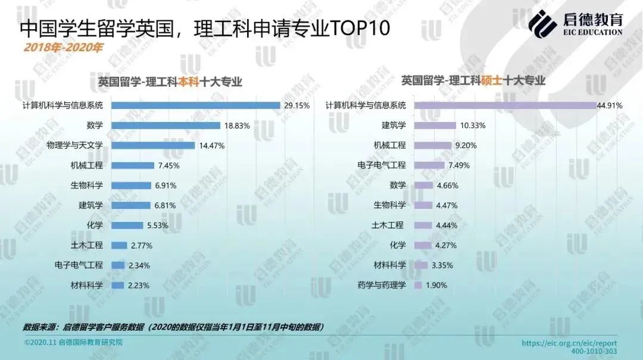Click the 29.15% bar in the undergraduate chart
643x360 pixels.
point(195,105)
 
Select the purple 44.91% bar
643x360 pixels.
point(504,105)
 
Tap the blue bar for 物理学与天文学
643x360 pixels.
point(153,145)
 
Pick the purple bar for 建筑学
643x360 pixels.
point(435,126)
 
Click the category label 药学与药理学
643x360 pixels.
point(382,285)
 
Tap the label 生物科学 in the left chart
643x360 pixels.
point(87,185)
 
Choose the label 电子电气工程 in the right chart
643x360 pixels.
point(382,165)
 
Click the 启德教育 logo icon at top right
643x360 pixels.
point(543,23)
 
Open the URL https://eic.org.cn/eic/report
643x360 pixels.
point(569,343)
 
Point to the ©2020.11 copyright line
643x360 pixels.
point(73,343)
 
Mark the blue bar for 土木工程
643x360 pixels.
point(119,245)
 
